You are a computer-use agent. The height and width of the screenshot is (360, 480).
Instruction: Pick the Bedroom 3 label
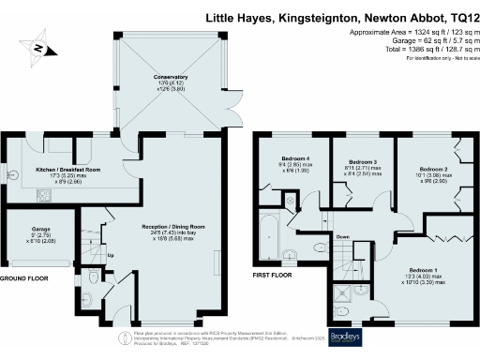349,162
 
